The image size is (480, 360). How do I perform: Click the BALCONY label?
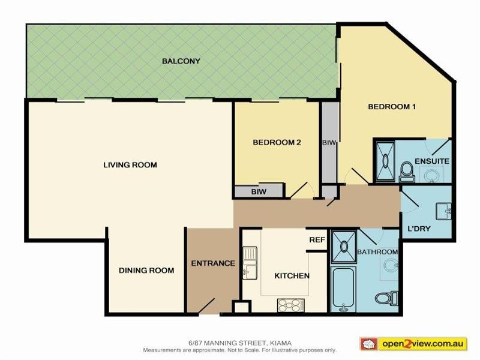tap(181, 61)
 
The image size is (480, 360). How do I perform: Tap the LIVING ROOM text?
tap(130, 165)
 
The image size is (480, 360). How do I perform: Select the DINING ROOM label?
tap(146, 271)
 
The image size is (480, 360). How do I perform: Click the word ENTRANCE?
tap(213, 263)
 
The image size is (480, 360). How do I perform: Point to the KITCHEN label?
tap(292, 276)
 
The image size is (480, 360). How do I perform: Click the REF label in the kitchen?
tap(317, 239)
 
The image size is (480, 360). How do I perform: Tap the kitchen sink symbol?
tap(249, 263)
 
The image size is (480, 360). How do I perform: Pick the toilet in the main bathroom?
tap(383, 298)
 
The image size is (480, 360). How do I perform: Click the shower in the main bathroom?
tap(343, 244)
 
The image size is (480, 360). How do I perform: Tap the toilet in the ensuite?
tap(406, 170)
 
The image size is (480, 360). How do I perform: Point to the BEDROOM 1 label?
tap(392, 107)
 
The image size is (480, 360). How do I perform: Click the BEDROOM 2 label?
tap(276, 143)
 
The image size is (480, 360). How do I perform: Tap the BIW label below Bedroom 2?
tap(259, 192)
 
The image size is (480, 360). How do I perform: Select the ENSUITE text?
tap(433, 162)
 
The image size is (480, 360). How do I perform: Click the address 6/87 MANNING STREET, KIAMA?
tap(239, 343)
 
